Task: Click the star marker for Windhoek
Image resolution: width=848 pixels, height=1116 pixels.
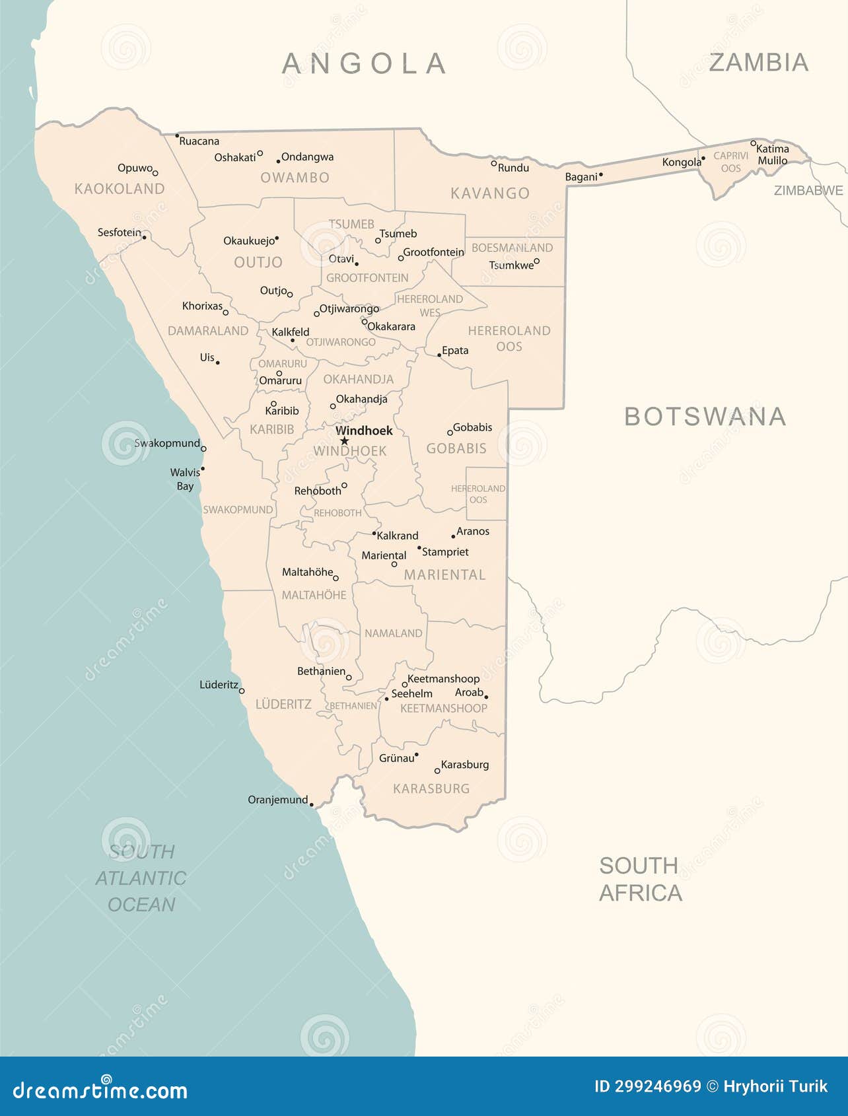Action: (344, 441)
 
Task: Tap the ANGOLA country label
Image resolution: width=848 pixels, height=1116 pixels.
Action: (364, 64)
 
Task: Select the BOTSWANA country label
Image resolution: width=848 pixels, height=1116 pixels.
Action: (705, 417)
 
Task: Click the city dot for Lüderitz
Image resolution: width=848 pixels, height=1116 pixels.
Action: (242, 691)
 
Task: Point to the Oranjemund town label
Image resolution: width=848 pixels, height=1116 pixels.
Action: (277, 800)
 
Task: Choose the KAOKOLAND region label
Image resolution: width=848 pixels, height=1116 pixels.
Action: (120, 189)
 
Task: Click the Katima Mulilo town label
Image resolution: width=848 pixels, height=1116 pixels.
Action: (772, 155)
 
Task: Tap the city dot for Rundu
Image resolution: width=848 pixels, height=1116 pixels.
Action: (493, 163)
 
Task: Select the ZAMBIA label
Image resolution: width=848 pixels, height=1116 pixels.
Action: (758, 63)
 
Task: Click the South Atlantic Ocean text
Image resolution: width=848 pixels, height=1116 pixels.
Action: (141, 878)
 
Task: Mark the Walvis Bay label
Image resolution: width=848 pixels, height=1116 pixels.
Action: (185, 479)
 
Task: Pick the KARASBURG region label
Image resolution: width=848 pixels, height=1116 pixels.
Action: (431, 788)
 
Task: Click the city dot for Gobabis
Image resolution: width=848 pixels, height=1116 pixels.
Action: (450, 433)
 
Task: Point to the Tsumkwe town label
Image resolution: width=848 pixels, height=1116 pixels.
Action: (511, 265)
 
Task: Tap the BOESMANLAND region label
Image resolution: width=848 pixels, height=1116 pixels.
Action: (512, 248)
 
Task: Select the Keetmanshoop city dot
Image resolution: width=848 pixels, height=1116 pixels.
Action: (405, 685)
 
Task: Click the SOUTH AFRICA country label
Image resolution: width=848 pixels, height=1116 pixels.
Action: (639, 879)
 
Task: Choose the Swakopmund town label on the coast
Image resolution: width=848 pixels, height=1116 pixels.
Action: (167, 443)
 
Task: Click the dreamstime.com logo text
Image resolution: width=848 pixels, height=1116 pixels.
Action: (100, 1090)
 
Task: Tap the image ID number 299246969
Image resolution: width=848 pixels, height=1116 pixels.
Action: (647, 1086)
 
